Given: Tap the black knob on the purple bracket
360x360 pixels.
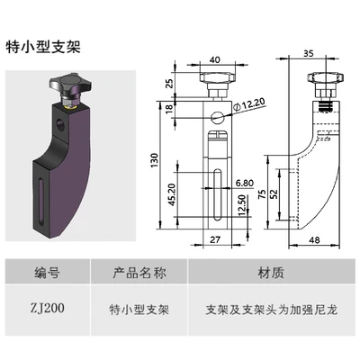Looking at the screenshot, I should pyautogui.click(x=72, y=88).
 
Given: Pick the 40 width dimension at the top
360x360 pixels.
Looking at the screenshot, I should pyautogui.click(x=215, y=60).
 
